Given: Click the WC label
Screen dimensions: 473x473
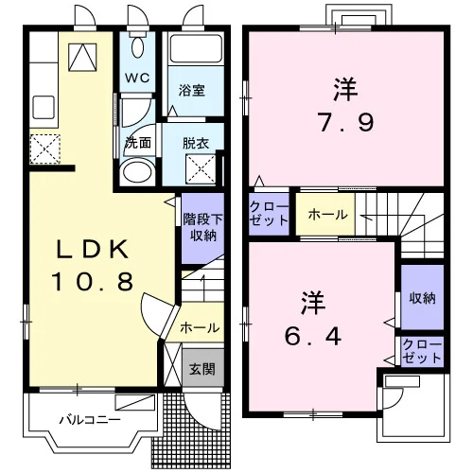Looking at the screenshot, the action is click(x=137, y=78).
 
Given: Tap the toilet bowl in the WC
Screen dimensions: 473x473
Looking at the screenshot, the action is click(x=137, y=47).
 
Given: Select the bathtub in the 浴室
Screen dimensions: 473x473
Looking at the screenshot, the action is click(x=196, y=48).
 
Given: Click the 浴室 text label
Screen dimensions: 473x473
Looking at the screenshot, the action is click(x=191, y=91).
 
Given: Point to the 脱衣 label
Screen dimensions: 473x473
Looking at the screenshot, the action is click(x=196, y=144).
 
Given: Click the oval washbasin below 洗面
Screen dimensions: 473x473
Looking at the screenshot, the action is click(x=137, y=172).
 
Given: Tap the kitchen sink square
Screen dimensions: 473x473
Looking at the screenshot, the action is click(x=44, y=107).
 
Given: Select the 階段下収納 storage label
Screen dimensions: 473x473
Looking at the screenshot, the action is click(x=203, y=227).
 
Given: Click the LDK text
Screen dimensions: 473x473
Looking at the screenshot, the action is click(x=92, y=250).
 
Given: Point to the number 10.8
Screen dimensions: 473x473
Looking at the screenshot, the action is click(x=92, y=282).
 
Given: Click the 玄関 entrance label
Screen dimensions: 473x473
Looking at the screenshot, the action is click(x=202, y=369).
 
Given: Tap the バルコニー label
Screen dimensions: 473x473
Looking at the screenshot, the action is click(x=90, y=420).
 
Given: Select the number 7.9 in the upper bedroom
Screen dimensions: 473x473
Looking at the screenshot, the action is click(x=346, y=123).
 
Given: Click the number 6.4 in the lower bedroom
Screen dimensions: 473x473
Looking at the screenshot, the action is click(x=313, y=336).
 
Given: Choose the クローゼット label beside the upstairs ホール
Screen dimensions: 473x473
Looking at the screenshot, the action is click(x=269, y=214).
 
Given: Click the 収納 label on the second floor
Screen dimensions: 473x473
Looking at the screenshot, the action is click(x=422, y=298).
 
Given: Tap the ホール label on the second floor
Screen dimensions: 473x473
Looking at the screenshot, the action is click(x=327, y=215).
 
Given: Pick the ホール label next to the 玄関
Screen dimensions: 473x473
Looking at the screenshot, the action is click(x=200, y=328).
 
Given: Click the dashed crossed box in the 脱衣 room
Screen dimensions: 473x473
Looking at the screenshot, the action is click(x=201, y=169).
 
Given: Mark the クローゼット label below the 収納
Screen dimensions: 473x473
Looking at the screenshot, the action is click(x=422, y=351).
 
